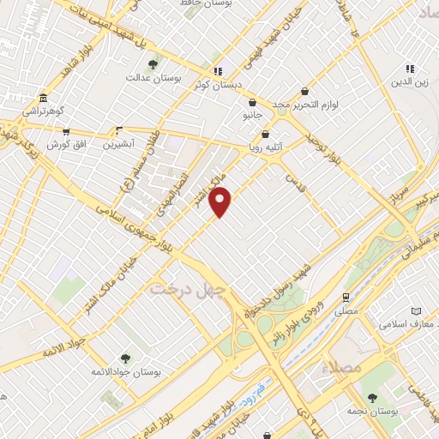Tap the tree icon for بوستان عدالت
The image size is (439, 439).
pos(153,63)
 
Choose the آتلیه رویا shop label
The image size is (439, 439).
pos(266,147)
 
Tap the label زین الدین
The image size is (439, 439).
pos(411,83)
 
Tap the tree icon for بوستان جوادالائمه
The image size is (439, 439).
pos(126,358)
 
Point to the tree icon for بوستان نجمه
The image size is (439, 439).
pos(372,398)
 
